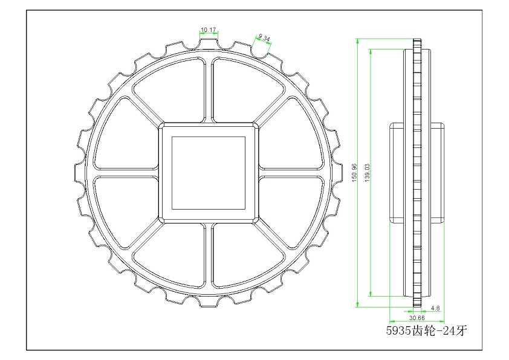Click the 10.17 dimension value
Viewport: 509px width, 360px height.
[x=209, y=30]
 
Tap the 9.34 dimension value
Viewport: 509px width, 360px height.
[x=264, y=38]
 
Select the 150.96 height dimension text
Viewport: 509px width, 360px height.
[x=354, y=173]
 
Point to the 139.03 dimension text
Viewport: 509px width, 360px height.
[x=367, y=173]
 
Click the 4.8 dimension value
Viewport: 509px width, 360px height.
[x=435, y=308]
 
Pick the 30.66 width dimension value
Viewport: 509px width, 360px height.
[x=417, y=318]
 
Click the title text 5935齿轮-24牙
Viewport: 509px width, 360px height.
[x=427, y=330]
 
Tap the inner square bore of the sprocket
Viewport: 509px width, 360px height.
[x=209, y=173]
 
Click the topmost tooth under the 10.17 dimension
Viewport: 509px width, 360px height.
[x=209, y=45]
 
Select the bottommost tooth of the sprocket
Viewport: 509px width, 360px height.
[x=209, y=301]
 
